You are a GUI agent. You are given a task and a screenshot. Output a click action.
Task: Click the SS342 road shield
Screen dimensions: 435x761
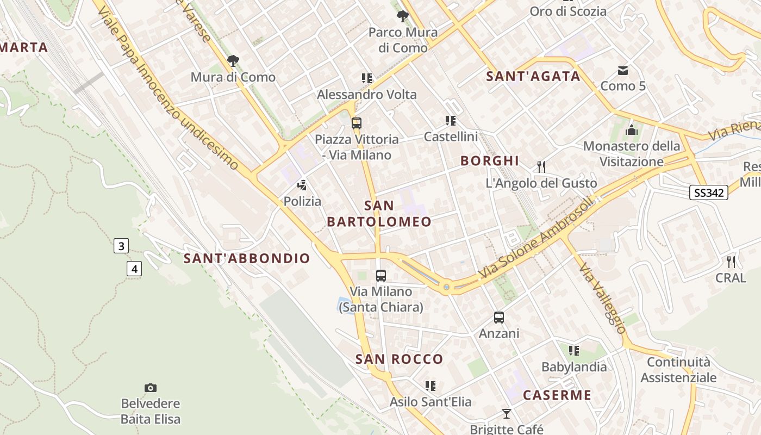click(709, 192)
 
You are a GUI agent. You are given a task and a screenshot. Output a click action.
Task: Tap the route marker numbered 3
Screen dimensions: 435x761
click(121, 246)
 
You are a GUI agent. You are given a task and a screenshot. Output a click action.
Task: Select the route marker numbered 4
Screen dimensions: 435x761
click(134, 268)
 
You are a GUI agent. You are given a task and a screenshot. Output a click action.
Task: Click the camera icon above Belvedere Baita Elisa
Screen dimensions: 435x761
click(151, 388)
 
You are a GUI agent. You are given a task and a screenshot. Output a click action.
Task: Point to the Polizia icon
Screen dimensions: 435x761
click(302, 185)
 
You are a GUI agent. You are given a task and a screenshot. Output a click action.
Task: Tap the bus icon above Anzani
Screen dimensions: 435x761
click(498, 318)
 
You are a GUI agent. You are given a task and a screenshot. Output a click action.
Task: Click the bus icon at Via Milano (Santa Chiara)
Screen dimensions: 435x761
click(381, 276)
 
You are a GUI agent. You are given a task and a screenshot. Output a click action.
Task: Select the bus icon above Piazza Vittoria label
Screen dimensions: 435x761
click(357, 123)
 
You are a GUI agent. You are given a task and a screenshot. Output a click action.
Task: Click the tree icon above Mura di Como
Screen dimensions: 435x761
click(233, 60)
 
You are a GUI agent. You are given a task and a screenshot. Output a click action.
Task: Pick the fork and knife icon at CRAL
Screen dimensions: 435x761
click(731, 262)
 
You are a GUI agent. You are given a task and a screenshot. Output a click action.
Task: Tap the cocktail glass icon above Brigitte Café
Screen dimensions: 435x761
click(507, 414)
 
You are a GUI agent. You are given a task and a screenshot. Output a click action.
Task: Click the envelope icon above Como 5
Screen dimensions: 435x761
click(623, 70)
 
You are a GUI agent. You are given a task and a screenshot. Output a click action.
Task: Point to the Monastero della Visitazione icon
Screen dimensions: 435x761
click(632, 130)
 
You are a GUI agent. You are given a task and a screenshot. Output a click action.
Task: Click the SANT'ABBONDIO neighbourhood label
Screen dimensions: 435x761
click(247, 258)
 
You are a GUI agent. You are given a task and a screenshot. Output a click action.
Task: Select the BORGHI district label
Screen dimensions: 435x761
click(490, 160)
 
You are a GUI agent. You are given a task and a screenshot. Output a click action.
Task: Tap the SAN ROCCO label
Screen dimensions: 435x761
click(400, 359)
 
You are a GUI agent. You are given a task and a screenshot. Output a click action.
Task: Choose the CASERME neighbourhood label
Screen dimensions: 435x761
click(557, 395)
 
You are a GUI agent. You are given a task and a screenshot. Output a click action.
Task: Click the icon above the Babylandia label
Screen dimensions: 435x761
click(574, 351)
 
